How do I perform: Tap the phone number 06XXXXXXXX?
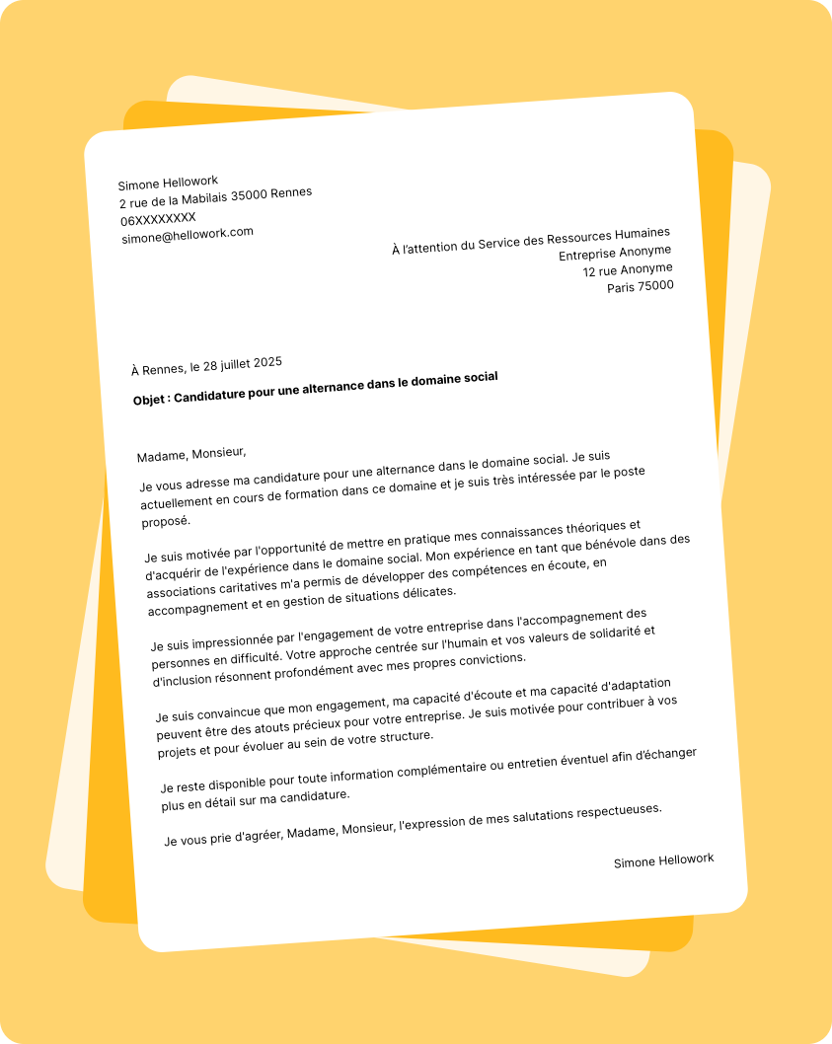[159, 219]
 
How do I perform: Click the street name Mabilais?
[201, 199]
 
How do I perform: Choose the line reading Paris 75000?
[641, 286]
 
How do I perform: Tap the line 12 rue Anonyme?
[628, 269]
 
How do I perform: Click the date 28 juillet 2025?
[243, 364]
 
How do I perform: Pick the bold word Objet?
[152, 400]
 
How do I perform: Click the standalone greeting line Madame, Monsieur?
[191, 454]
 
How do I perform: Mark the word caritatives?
[257, 585]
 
